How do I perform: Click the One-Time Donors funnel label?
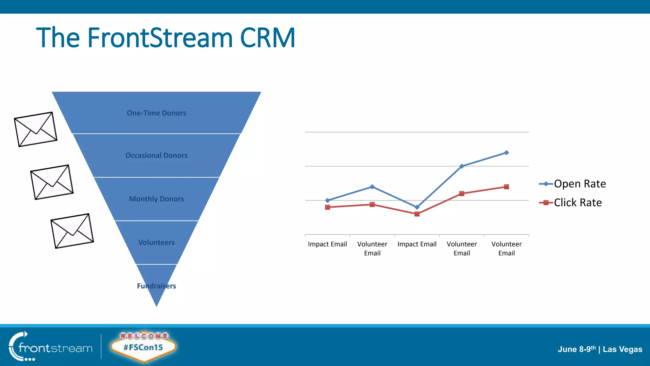pyautogui.click(x=156, y=113)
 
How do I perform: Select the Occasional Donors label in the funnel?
pyautogui.click(x=156, y=155)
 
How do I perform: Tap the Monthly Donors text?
pyautogui.click(x=156, y=199)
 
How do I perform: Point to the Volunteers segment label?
pyautogui.click(x=156, y=242)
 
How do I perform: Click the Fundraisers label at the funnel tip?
pyautogui.click(x=156, y=286)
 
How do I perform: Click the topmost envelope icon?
pyautogui.click(x=36, y=129)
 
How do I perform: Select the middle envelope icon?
pyautogui.click(x=52, y=182)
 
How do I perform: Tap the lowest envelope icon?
pyautogui.click(x=72, y=231)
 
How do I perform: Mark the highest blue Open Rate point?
pyautogui.click(x=507, y=152)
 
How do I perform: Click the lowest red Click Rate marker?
pyautogui.click(x=417, y=214)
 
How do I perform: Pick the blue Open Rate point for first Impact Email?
pyautogui.click(x=328, y=200)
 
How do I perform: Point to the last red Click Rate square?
pyautogui.click(x=507, y=187)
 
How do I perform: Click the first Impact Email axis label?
pyautogui.click(x=327, y=244)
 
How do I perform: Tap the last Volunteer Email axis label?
pyautogui.click(x=507, y=248)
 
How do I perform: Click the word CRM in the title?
pyautogui.click(x=268, y=38)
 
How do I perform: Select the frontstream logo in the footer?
pyautogui.click(x=51, y=347)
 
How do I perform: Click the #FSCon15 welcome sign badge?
pyautogui.click(x=143, y=347)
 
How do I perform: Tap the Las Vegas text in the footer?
pyautogui.click(x=622, y=349)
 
